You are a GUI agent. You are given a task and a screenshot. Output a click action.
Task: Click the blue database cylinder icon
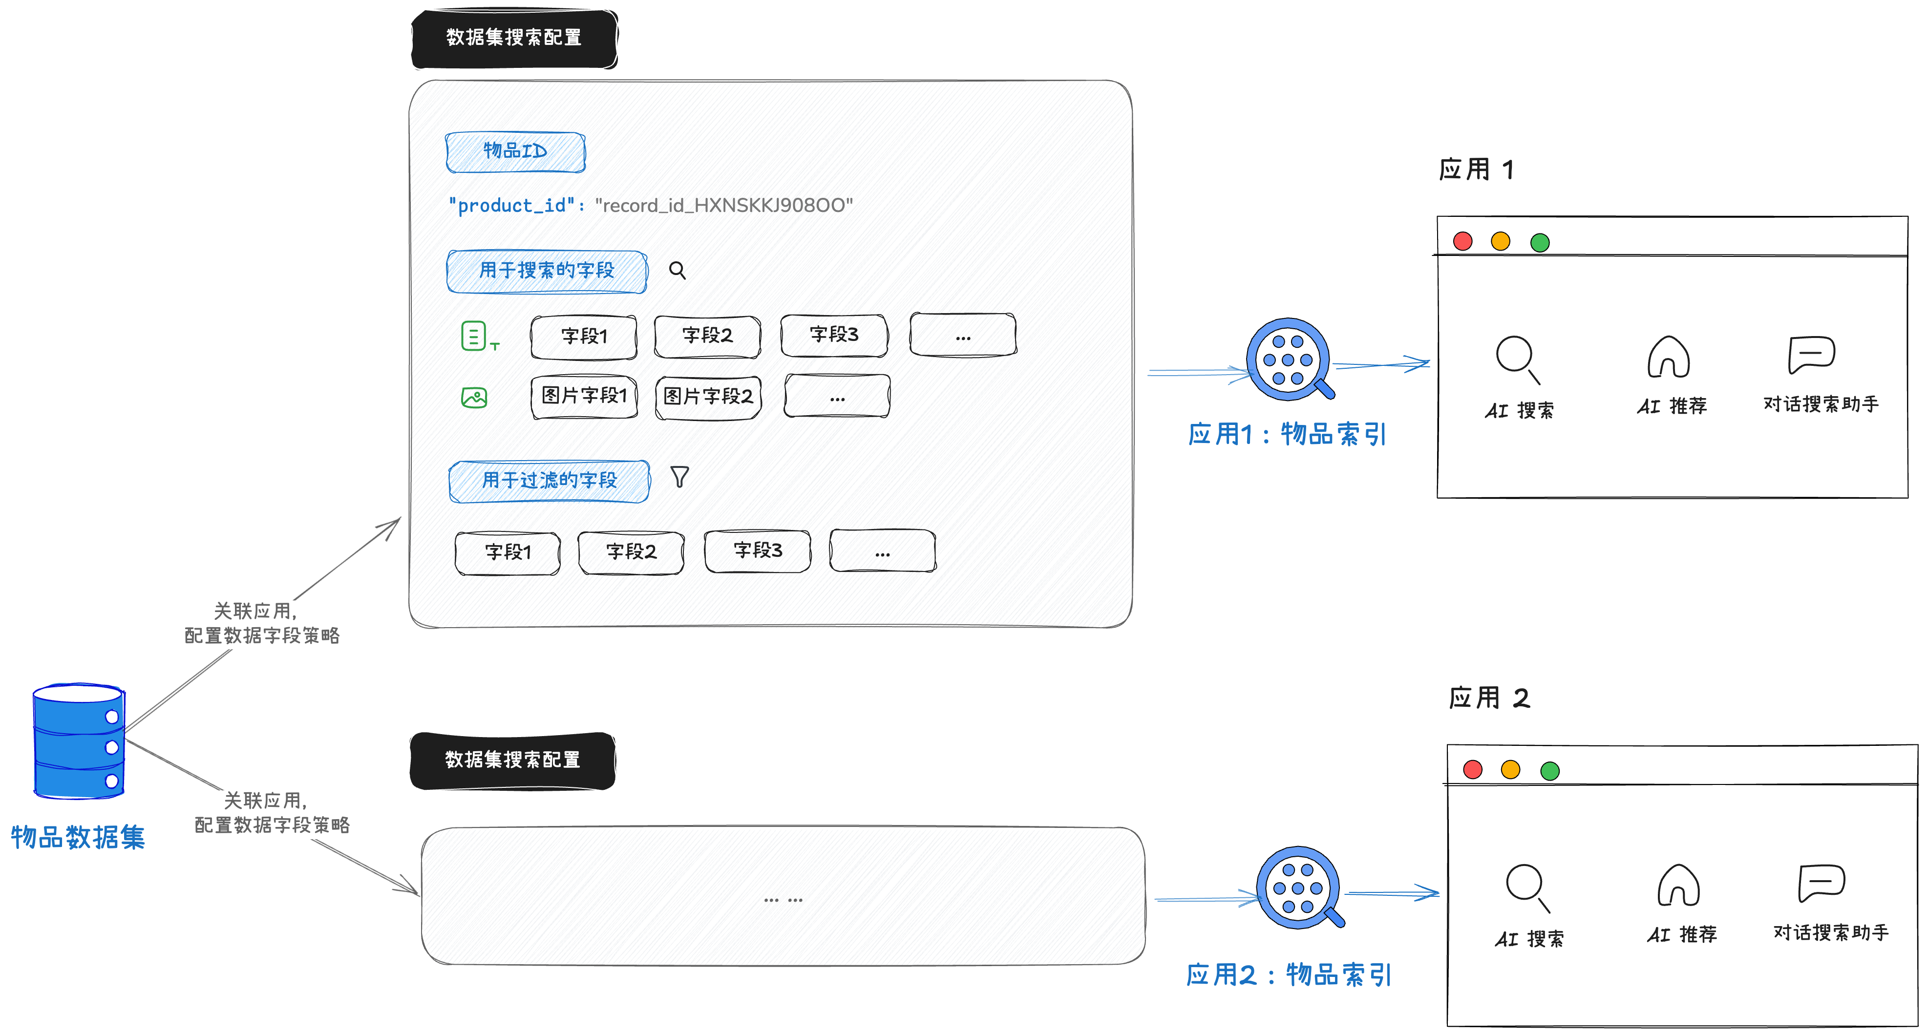[79, 740]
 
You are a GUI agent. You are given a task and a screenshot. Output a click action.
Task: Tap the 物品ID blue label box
[515, 152]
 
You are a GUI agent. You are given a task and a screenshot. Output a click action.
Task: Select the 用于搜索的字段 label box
[547, 271]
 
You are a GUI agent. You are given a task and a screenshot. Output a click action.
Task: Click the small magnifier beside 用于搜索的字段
[678, 270]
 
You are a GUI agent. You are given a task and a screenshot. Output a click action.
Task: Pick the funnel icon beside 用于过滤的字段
[679, 477]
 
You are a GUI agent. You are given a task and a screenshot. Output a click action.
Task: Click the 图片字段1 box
[584, 396]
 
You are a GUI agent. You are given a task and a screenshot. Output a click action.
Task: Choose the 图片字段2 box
[708, 397]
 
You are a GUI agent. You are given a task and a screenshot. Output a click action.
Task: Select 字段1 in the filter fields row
[508, 552]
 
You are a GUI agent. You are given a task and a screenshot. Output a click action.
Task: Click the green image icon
[474, 398]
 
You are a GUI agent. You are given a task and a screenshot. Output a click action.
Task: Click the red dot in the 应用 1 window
[1462, 241]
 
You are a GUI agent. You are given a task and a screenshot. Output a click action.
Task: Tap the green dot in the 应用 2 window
[1550, 770]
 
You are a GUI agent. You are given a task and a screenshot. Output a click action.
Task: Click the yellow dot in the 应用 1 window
[1501, 241]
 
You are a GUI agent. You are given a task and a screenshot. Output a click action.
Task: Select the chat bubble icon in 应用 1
[1811, 354]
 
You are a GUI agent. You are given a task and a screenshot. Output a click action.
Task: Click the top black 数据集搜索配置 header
[514, 38]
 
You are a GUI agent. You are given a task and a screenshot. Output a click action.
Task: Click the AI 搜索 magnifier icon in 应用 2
[1526, 886]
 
